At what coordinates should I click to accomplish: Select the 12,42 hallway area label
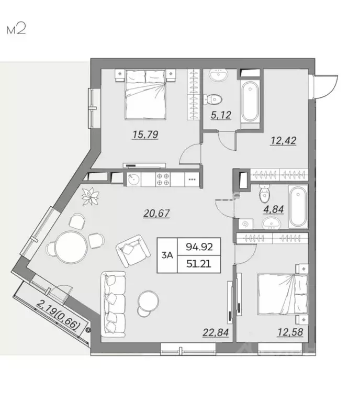tap(283, 140)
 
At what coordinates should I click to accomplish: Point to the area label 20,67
tap(157, 212)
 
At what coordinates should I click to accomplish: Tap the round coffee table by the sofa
tap(149, 302)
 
